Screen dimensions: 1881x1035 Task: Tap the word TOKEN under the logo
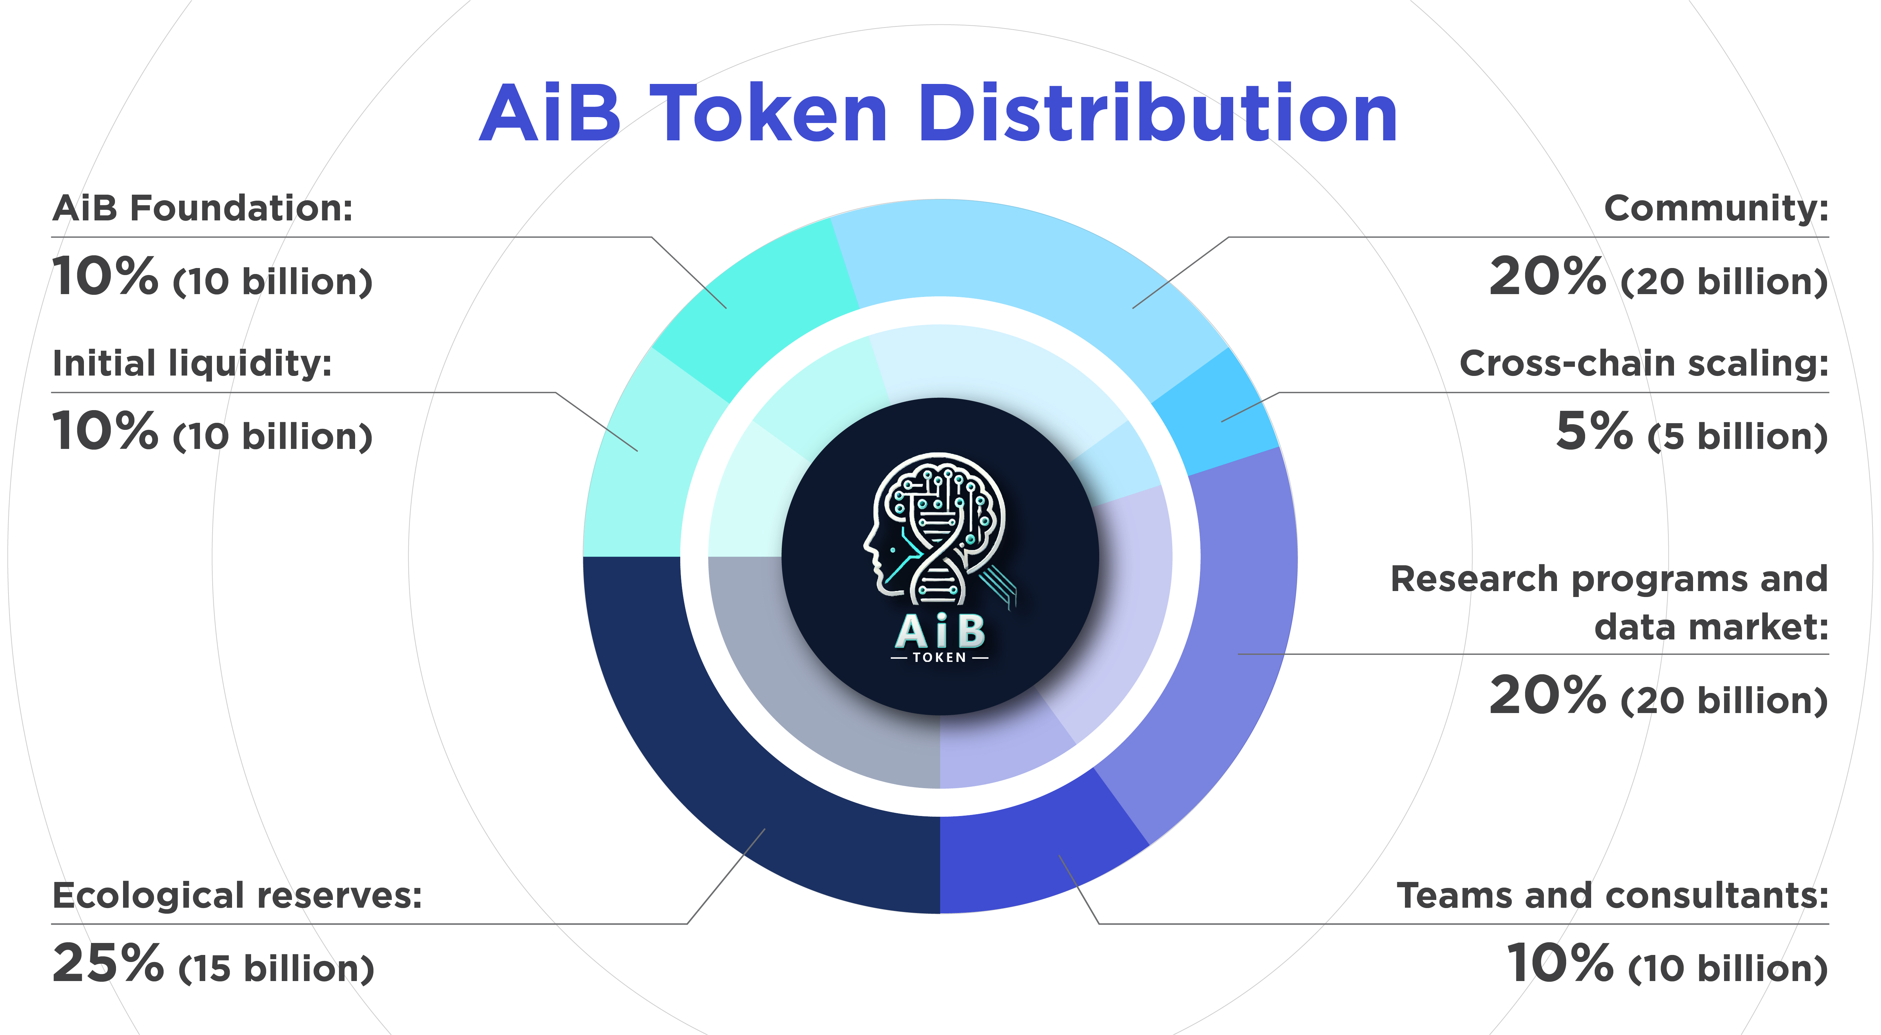click(940, 657)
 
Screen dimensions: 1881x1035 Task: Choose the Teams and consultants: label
click(1612, 895)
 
